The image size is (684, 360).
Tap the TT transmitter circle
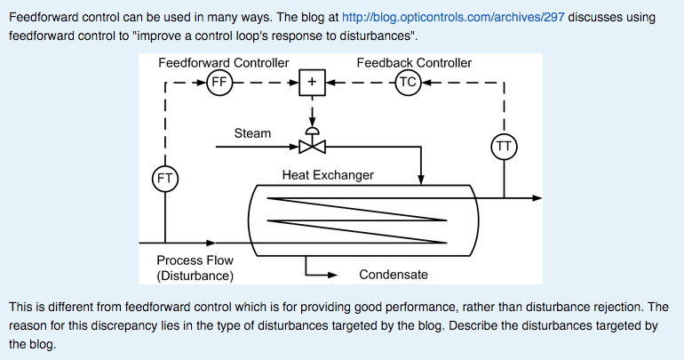click(504, 146)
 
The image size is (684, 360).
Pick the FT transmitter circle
click(165, 178)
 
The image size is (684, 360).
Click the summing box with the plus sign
click(312, 84)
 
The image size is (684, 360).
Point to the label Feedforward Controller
click(223, 63)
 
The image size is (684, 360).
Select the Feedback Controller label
click(414, 63)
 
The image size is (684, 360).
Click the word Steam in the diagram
click(252, 133)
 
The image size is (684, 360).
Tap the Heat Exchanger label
click(328, 175)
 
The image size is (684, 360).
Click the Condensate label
click(394, 275)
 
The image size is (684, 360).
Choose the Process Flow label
click(195, 260)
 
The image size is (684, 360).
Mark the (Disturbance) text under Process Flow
click(195, 276)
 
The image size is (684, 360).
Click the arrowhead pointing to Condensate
click(333, 275)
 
